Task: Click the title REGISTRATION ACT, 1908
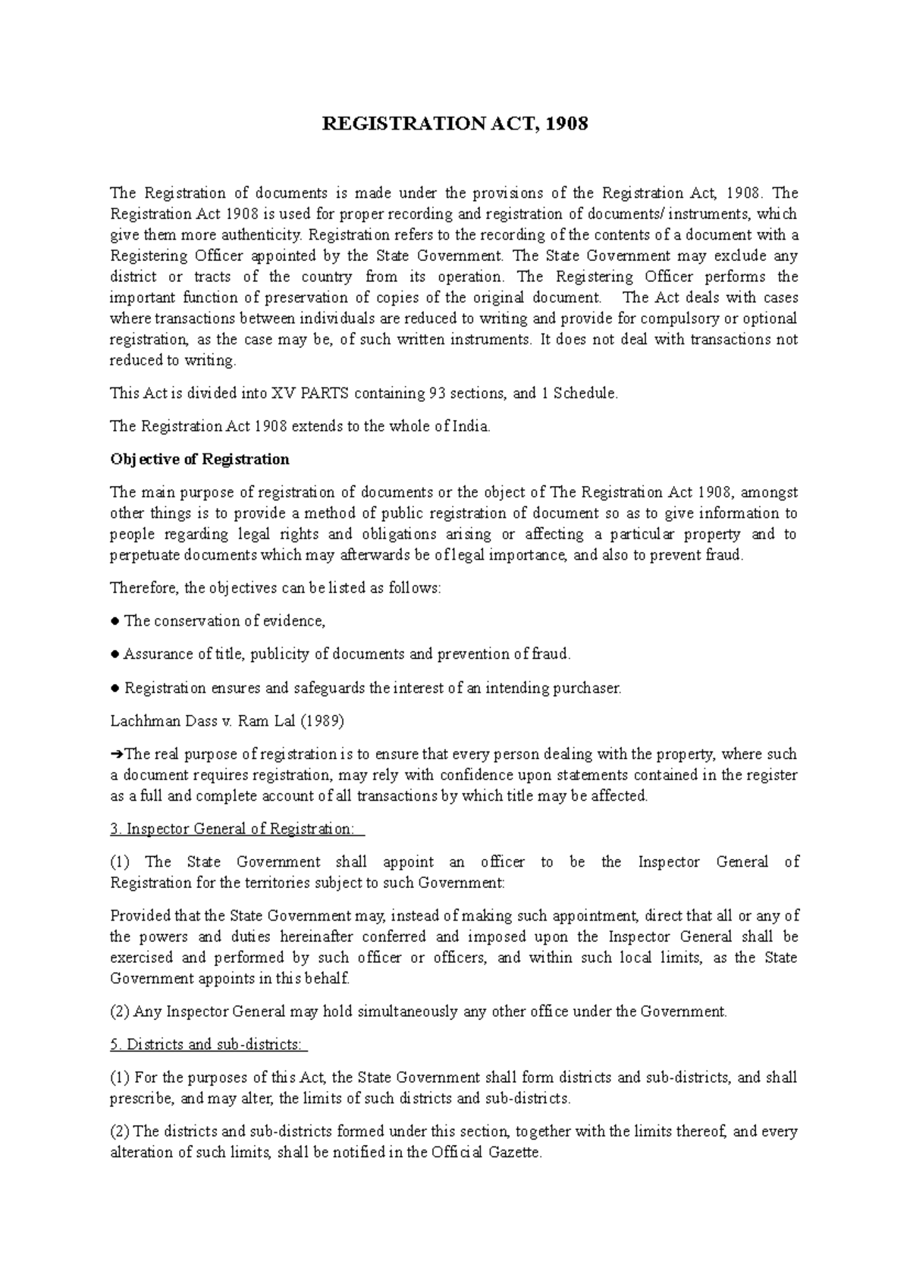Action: pos(455,124)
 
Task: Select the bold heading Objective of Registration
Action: pos(199,460)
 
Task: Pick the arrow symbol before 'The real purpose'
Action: pos(117,755)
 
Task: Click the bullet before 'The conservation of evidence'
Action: pos(114,621)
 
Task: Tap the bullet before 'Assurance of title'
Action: pos(114,654)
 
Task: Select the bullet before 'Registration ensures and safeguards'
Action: pos(114,688)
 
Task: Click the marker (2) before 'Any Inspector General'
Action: pos(120,1012)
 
